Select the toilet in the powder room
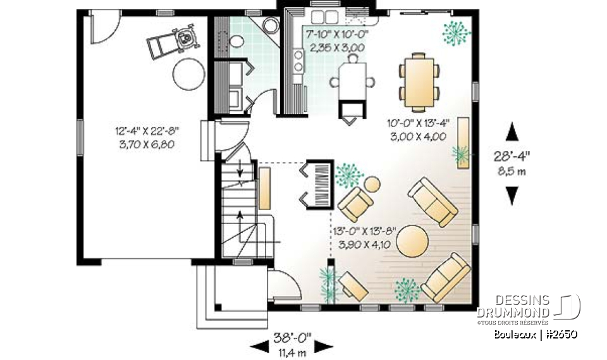235,41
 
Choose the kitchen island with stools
352,82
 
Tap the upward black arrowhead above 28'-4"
512,133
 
